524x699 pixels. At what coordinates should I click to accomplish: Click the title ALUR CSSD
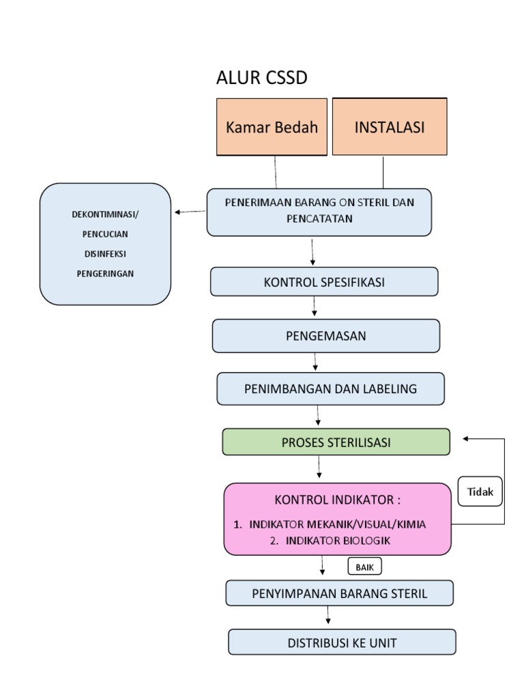[x=261, y=79]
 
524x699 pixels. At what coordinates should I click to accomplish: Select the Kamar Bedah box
[x=272, y=128]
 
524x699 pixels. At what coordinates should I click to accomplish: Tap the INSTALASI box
[x=390, y=128]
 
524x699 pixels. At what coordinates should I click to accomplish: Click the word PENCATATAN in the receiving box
[x=319, y=218]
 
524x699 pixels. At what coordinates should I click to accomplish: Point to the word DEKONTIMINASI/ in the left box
[x=104, y=214]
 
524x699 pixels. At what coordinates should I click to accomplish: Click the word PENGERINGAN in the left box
[x=104, y=274]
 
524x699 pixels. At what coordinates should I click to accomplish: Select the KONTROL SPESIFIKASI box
[x=324, y=282]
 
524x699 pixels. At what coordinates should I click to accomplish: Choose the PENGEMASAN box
[x=325, y=336]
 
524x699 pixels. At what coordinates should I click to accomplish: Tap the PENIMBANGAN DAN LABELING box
[x=330, y=389]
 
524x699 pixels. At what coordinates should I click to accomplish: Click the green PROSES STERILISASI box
[x=336, y=442]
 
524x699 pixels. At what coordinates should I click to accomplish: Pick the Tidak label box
[x=480, y=492]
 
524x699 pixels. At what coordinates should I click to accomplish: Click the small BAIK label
[x=365, y=567]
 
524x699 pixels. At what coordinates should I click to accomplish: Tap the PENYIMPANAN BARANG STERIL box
[x=339, y=593]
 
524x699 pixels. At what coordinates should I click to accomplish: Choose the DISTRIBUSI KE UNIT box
[x=342, y=642]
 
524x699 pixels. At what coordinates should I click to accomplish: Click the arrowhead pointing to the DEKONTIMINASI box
[x=178, y=212]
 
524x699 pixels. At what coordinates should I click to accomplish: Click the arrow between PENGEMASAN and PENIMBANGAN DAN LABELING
[x=316, y=362]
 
